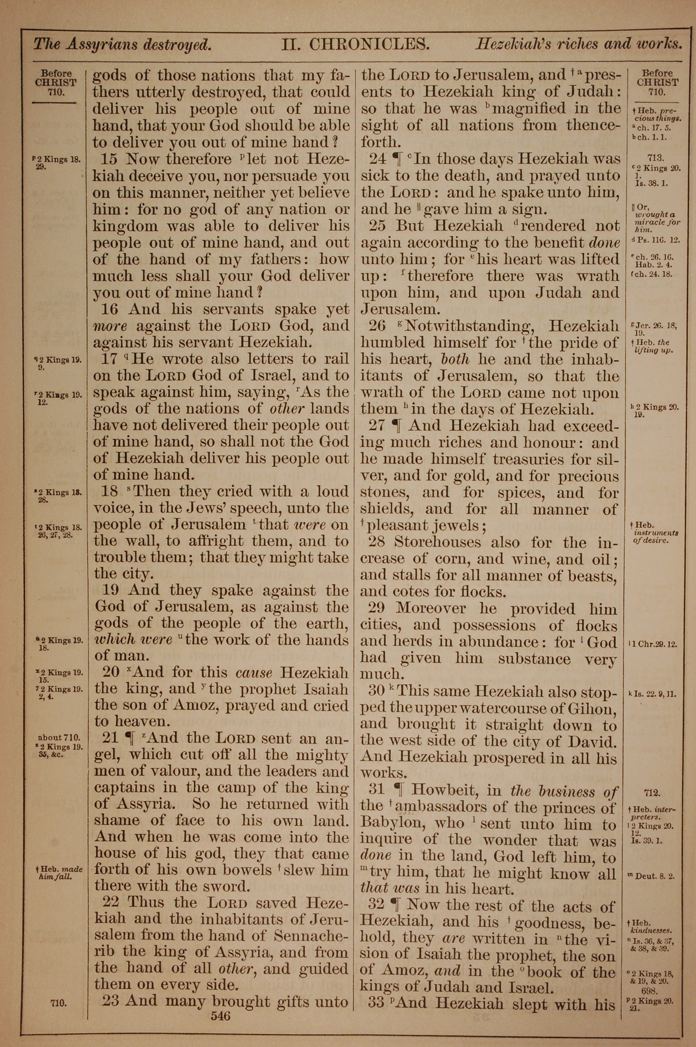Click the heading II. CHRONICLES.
pyautogui.click(x=356, y=45)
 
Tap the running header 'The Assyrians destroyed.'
pyautogui.click(x=122, y=45)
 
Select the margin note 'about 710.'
pyautogui.click(x=59, y=738)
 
